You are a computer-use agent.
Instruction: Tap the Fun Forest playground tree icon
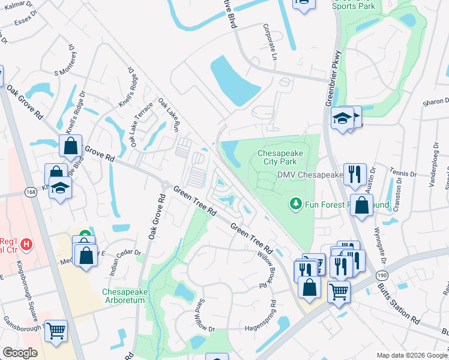point(295,205)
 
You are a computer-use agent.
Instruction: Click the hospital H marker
point(26,244)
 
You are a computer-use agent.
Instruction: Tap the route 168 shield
point(32,191)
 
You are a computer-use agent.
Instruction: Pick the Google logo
point(20,353)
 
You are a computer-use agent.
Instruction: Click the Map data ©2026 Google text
point(411,355)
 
